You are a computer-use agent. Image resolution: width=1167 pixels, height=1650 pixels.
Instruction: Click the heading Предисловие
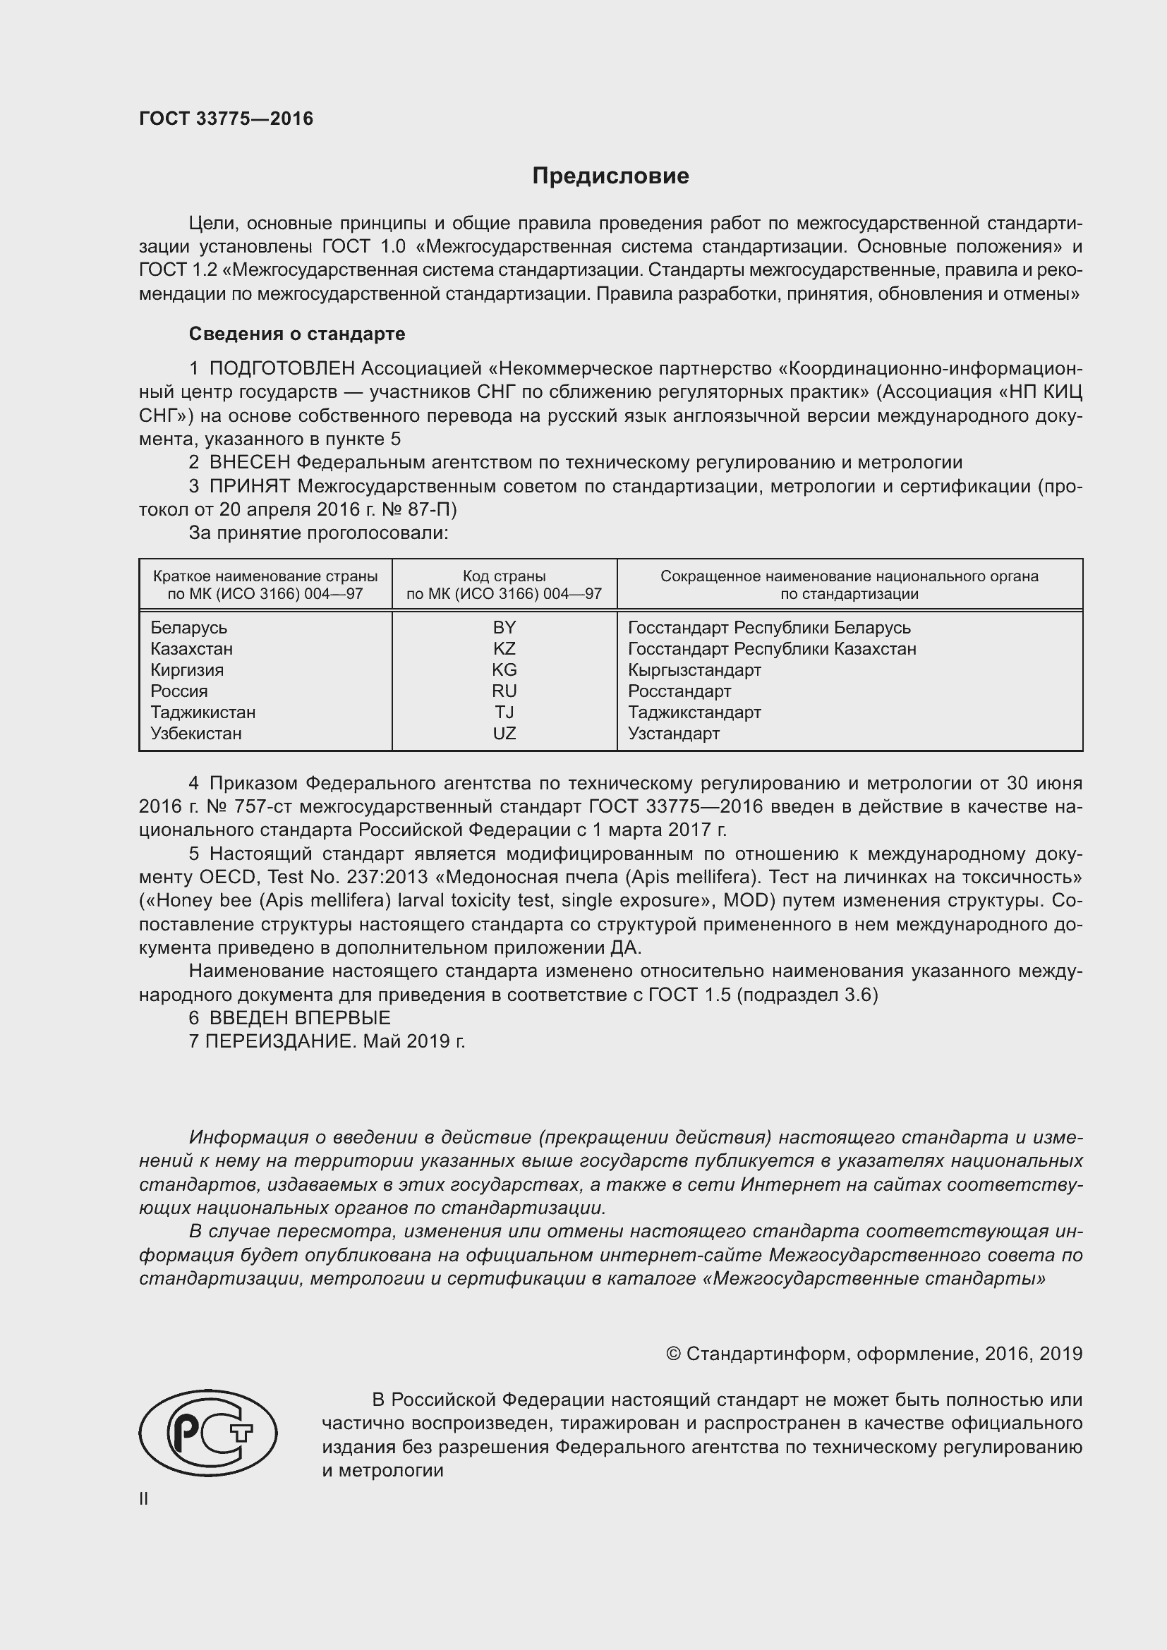(610, 176)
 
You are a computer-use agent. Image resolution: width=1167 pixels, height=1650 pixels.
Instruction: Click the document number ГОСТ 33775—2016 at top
(226, 119)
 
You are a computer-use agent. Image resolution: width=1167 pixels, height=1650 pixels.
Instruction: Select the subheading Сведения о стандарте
(297, 334)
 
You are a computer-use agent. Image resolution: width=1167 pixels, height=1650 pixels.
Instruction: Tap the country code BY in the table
(504, 627)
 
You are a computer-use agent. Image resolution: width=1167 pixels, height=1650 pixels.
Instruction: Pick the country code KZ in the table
(504, 649)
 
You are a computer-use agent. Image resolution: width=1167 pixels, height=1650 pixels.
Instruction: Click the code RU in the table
(504, 691)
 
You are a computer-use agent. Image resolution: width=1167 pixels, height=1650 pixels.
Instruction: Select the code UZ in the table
(504, 734)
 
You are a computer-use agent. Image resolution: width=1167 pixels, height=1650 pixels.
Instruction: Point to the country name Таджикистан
(202, 712)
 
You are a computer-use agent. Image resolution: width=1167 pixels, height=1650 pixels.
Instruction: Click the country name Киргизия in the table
(187, 669)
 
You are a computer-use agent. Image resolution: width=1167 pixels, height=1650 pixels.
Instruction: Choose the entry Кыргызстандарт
(694, 669)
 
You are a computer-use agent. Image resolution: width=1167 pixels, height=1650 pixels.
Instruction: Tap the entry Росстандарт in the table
(679, 691)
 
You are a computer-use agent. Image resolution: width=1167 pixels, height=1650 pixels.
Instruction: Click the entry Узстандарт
(673, 734)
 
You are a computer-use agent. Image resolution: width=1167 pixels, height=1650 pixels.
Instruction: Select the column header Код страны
(504, 576)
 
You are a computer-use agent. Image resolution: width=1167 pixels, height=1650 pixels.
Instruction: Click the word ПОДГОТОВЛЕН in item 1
(282, 369)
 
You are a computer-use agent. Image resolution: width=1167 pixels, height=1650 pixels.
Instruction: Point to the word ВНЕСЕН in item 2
(249, 463)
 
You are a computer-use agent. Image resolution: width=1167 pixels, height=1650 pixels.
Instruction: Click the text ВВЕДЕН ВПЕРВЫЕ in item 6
(300, 1018)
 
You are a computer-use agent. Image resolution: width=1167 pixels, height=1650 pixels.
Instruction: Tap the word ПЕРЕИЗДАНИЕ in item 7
(280, 1041)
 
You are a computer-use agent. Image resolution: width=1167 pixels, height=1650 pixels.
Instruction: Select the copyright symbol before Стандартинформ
(673, 1354)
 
